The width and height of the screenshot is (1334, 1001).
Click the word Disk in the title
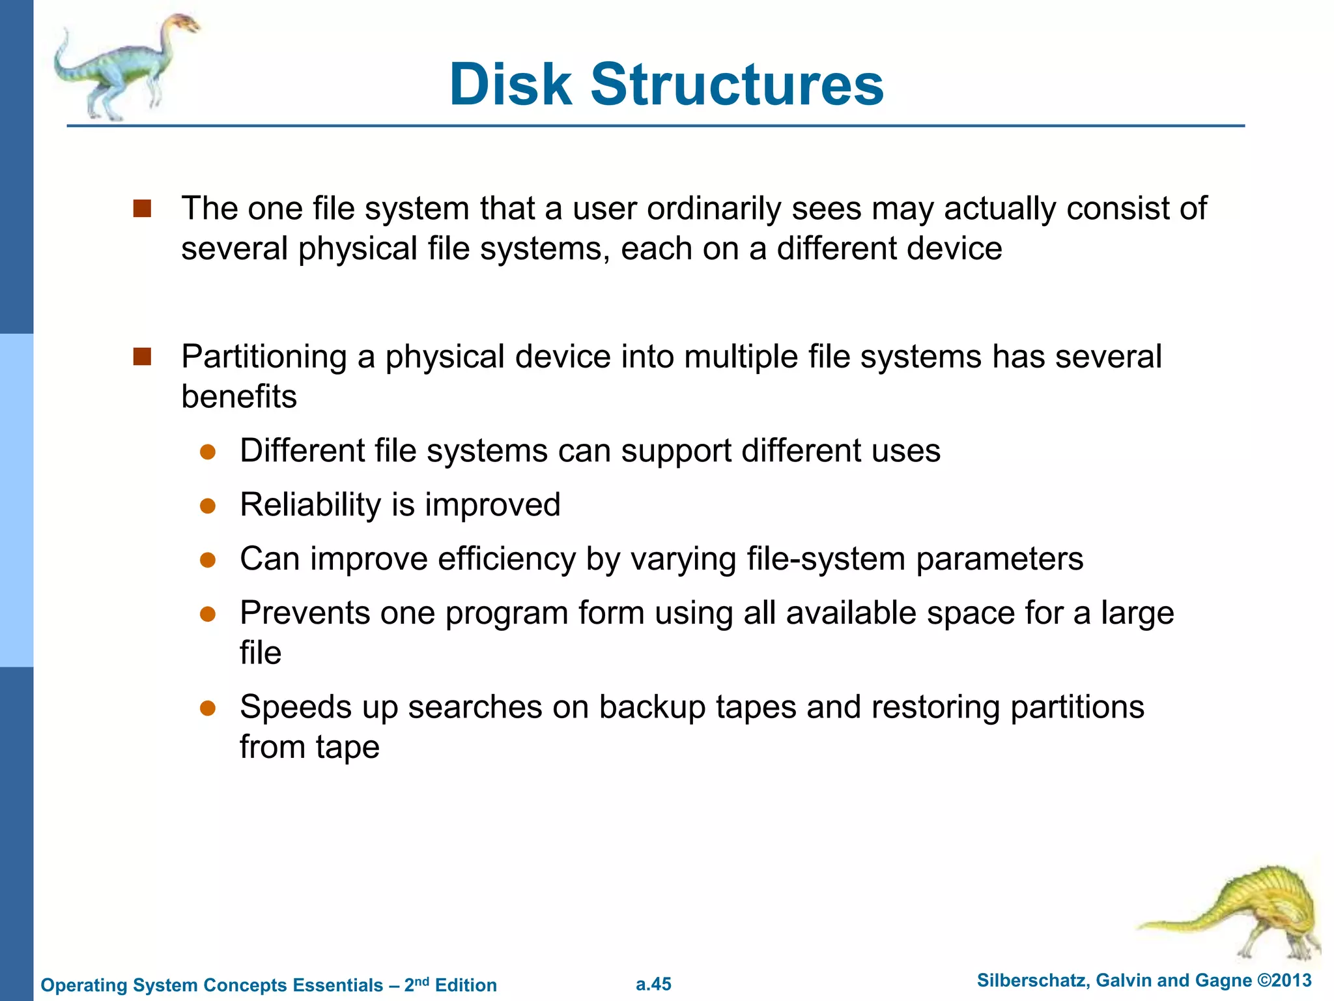pyautogui.click(x=510, y=85)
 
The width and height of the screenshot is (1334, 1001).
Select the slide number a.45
pyautogui.click(x=653, y=984)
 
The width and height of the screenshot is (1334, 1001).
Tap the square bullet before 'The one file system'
pyautogui.click(x=142, y=209)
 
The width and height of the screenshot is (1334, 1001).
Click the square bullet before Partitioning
pyautogui.click(x=142, y=356)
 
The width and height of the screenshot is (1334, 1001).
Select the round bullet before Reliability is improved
pyautogui.click(x=208, y=506)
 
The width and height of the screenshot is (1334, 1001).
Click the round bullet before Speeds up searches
pyautogui.click(x=208, y=708)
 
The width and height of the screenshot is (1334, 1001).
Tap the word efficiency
pyautogui.click(x=507, y=559)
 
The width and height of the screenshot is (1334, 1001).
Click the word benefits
pyautogui.click(x=238, y=397)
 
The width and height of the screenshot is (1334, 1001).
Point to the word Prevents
pyautogui.click(x=305, y=613)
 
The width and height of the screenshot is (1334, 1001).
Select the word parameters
pyautogui.click(x=999, y=560)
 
